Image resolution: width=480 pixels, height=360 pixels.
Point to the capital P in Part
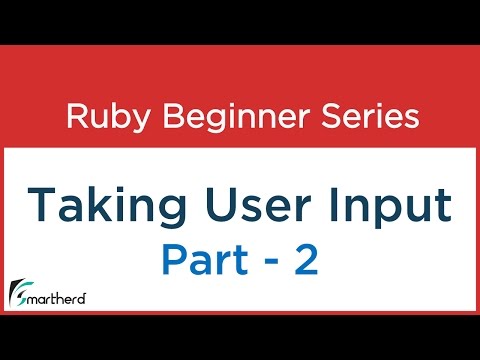(x=171, y=262)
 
